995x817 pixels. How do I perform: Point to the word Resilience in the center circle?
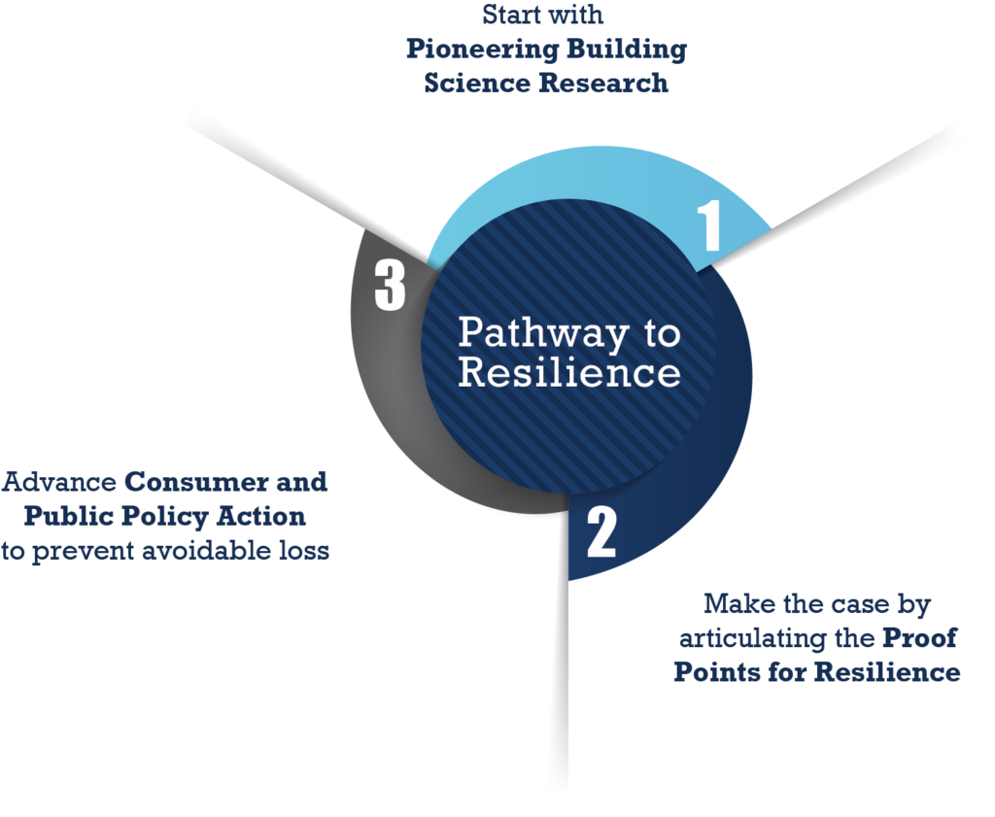tap(569, 372)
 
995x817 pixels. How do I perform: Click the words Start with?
tap(543, 17)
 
